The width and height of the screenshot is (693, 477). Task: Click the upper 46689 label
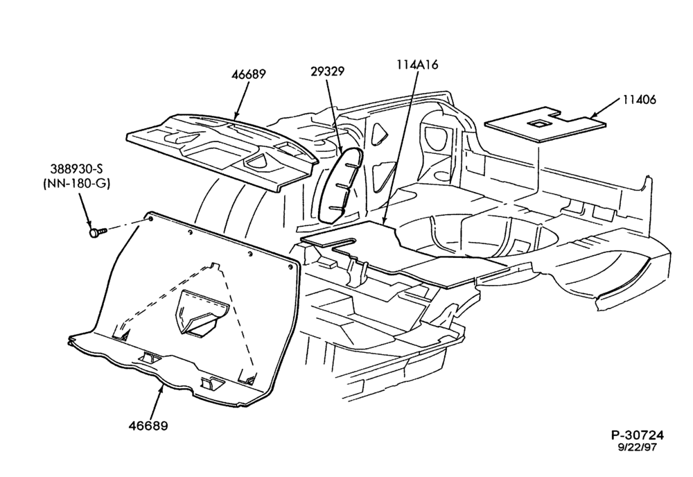248,73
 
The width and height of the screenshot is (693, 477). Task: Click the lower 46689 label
148,426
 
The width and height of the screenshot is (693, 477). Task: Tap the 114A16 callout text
416,64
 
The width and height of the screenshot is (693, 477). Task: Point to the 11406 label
640,100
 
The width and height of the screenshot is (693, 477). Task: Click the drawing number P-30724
638,435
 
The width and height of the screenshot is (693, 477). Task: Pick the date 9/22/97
637,447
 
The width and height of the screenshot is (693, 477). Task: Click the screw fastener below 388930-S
98,232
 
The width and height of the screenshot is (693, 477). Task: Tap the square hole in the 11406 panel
538,124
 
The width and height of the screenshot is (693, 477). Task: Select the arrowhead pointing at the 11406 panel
597,115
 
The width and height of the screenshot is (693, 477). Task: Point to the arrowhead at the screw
89,223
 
